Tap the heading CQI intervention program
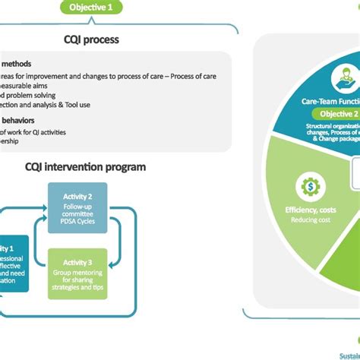pyautogui.click(x=85, y=166)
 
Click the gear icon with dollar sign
pyautogui.click(x=310, y=187)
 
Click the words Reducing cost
pyautogui.click(x=310, y=220)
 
